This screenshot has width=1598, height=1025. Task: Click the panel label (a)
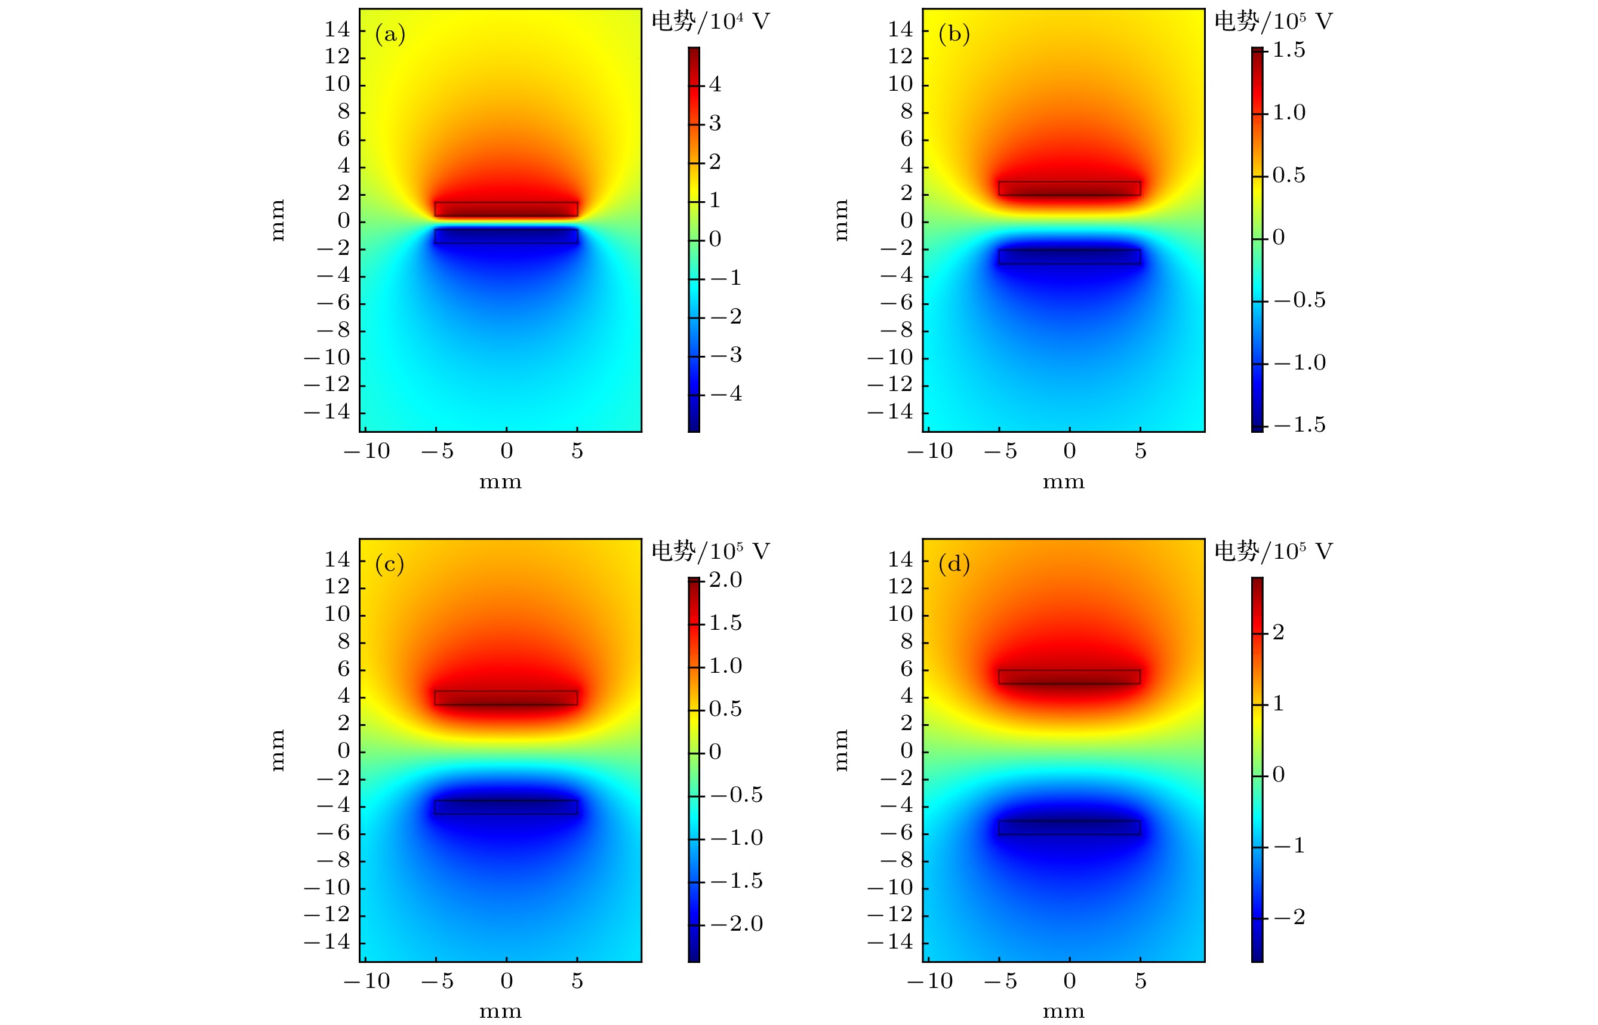click(x=390, y=34)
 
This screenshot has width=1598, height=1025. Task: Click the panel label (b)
click(x=954, y=34)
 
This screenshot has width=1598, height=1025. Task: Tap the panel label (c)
click(x=390, y=564)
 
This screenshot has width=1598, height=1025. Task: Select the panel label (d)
click(x=954, y=564)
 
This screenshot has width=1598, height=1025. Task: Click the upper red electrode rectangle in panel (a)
click(x=506, y=209)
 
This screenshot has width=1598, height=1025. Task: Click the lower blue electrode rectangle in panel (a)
click(x=506, y=236)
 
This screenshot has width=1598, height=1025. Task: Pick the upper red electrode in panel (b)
click(x=1070, y=189)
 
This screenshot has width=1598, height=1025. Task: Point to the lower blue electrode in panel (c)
click(x=506, y=807)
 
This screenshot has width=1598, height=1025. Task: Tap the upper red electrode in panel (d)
click(x=1070, y=677)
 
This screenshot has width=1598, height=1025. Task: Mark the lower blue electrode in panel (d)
click(x=1070, y=827)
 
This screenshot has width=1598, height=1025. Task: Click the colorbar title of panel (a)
click(x=710, y=21)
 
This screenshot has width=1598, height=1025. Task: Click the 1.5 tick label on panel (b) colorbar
click(x=1289, y=51)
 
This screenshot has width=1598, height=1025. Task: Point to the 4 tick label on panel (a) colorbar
click(x=715, y=85)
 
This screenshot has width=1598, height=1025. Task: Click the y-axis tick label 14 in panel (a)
click(x=337, y=29)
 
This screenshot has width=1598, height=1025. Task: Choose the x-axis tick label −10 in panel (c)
click(x=367, y=980)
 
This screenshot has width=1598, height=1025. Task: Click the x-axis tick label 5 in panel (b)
click(x=1141, y=451)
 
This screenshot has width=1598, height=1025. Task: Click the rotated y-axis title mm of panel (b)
click(x=840, y=220)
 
